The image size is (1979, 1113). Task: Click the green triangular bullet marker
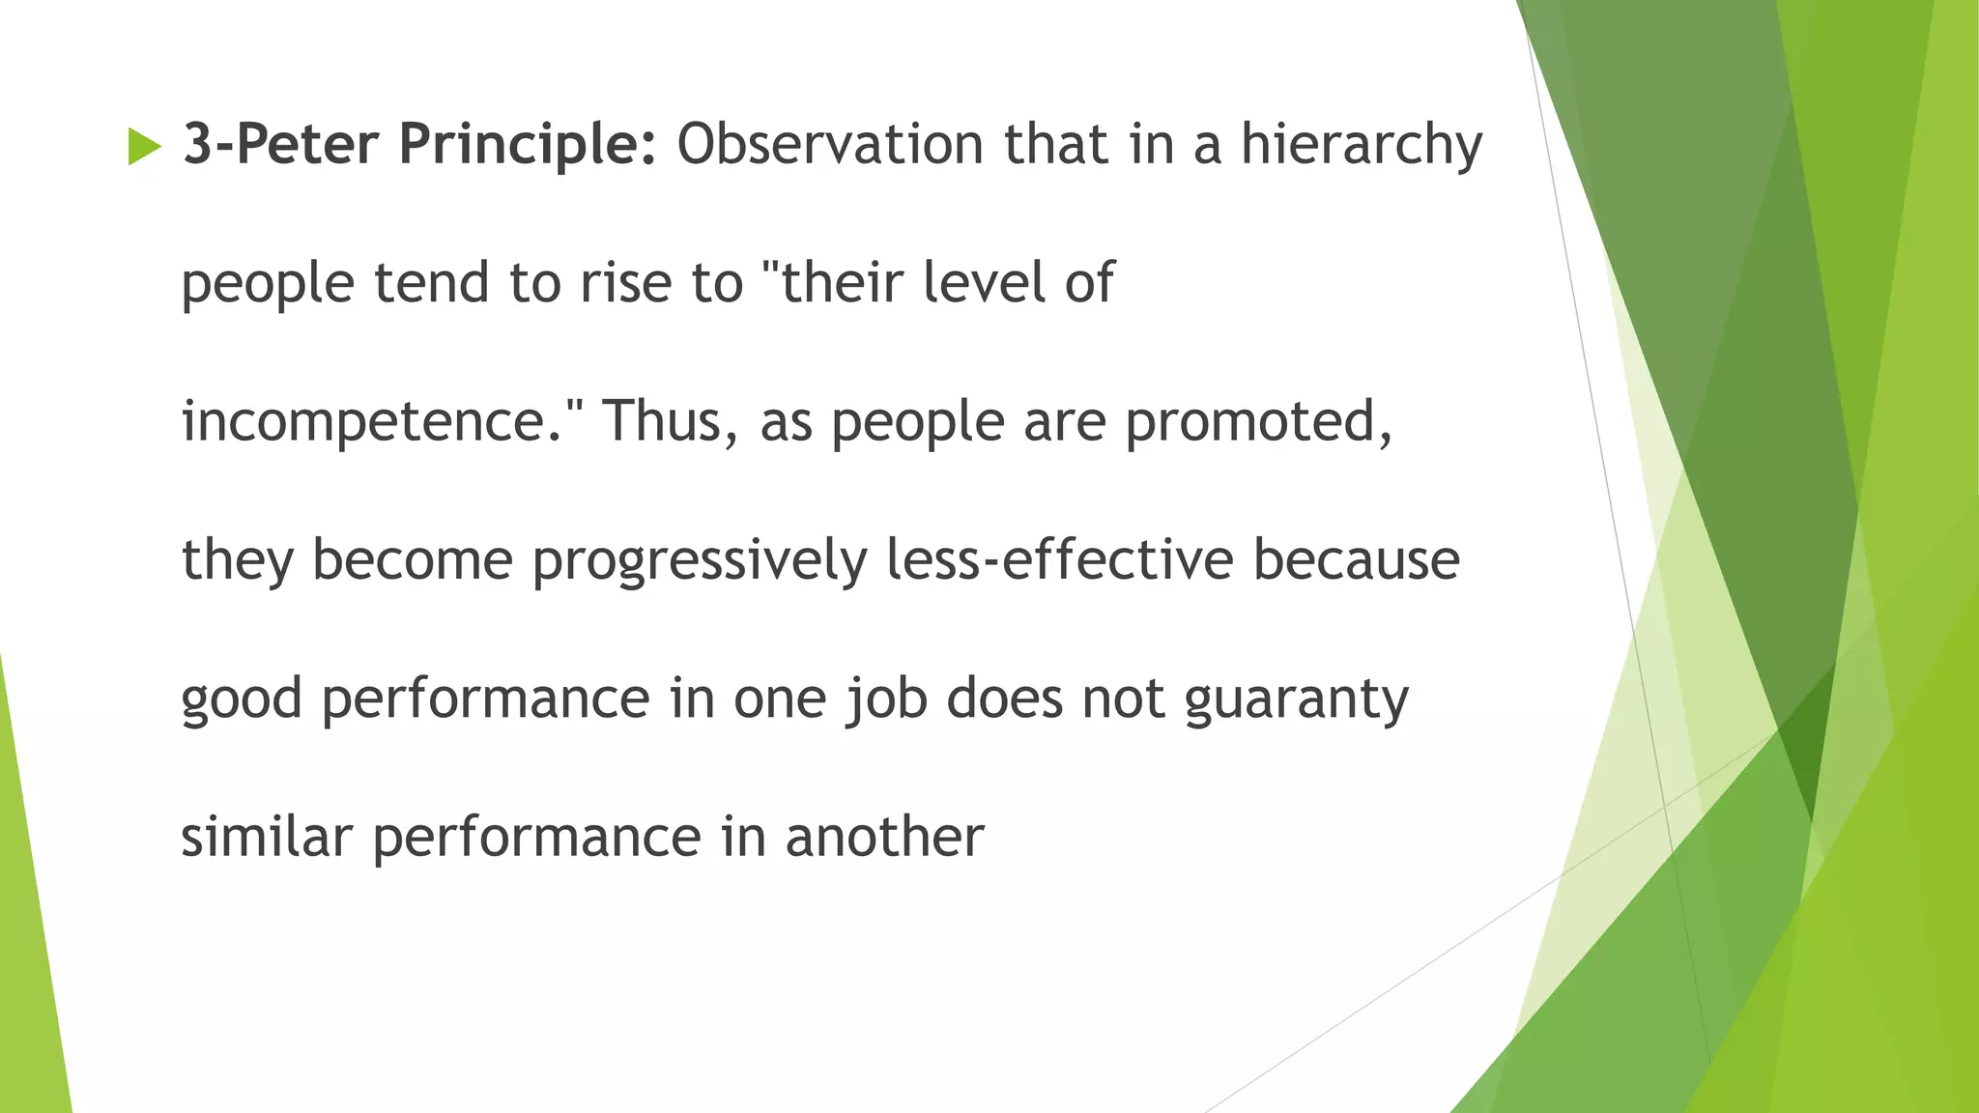pyautogui.click(x=144, y=147)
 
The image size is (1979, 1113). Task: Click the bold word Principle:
pyautogui.click(x=528, y=145)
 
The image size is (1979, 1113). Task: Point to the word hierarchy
pyautogui.click(x=1361, y=145)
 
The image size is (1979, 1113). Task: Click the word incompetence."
pyautogui.click(x=384, y=422)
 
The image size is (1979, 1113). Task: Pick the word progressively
pyautogui.click(x=700, y=561)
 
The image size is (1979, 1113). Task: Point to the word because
pyautogui.click(x=1356, y=560)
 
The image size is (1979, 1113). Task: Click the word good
pyautogui.click(x=242, y=699)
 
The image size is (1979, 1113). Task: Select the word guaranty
pyautogui.click(x=1296, y=699)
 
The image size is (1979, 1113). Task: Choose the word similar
pyautogui.click(x=267, y=837)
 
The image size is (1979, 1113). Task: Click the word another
pyautogui.click(x=884, y=837)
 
